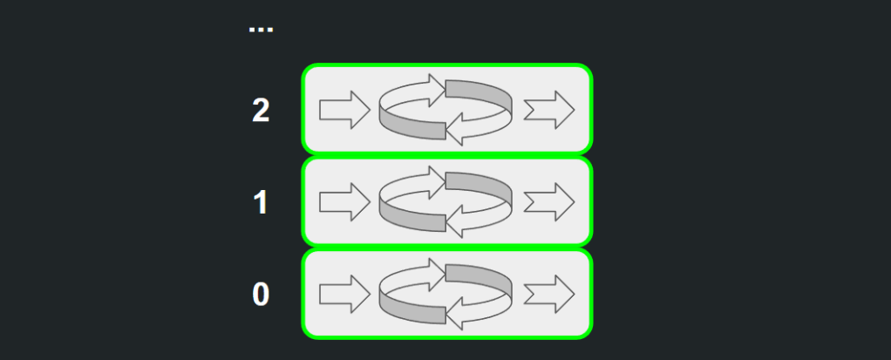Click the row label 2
(261, 111)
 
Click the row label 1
(261, 203)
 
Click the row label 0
(261, 295)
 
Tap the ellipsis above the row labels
(261, 30)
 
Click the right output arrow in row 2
(549, 110)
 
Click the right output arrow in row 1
(549, 202)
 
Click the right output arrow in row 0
(549, 294)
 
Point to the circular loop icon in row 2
(445, 110)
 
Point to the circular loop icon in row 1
(445, 202)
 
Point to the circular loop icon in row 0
(445, 294)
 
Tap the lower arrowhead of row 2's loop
(459, 131)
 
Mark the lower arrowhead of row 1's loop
(459, 223)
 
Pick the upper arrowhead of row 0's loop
(433, 273)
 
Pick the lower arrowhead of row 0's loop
(459, 315)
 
